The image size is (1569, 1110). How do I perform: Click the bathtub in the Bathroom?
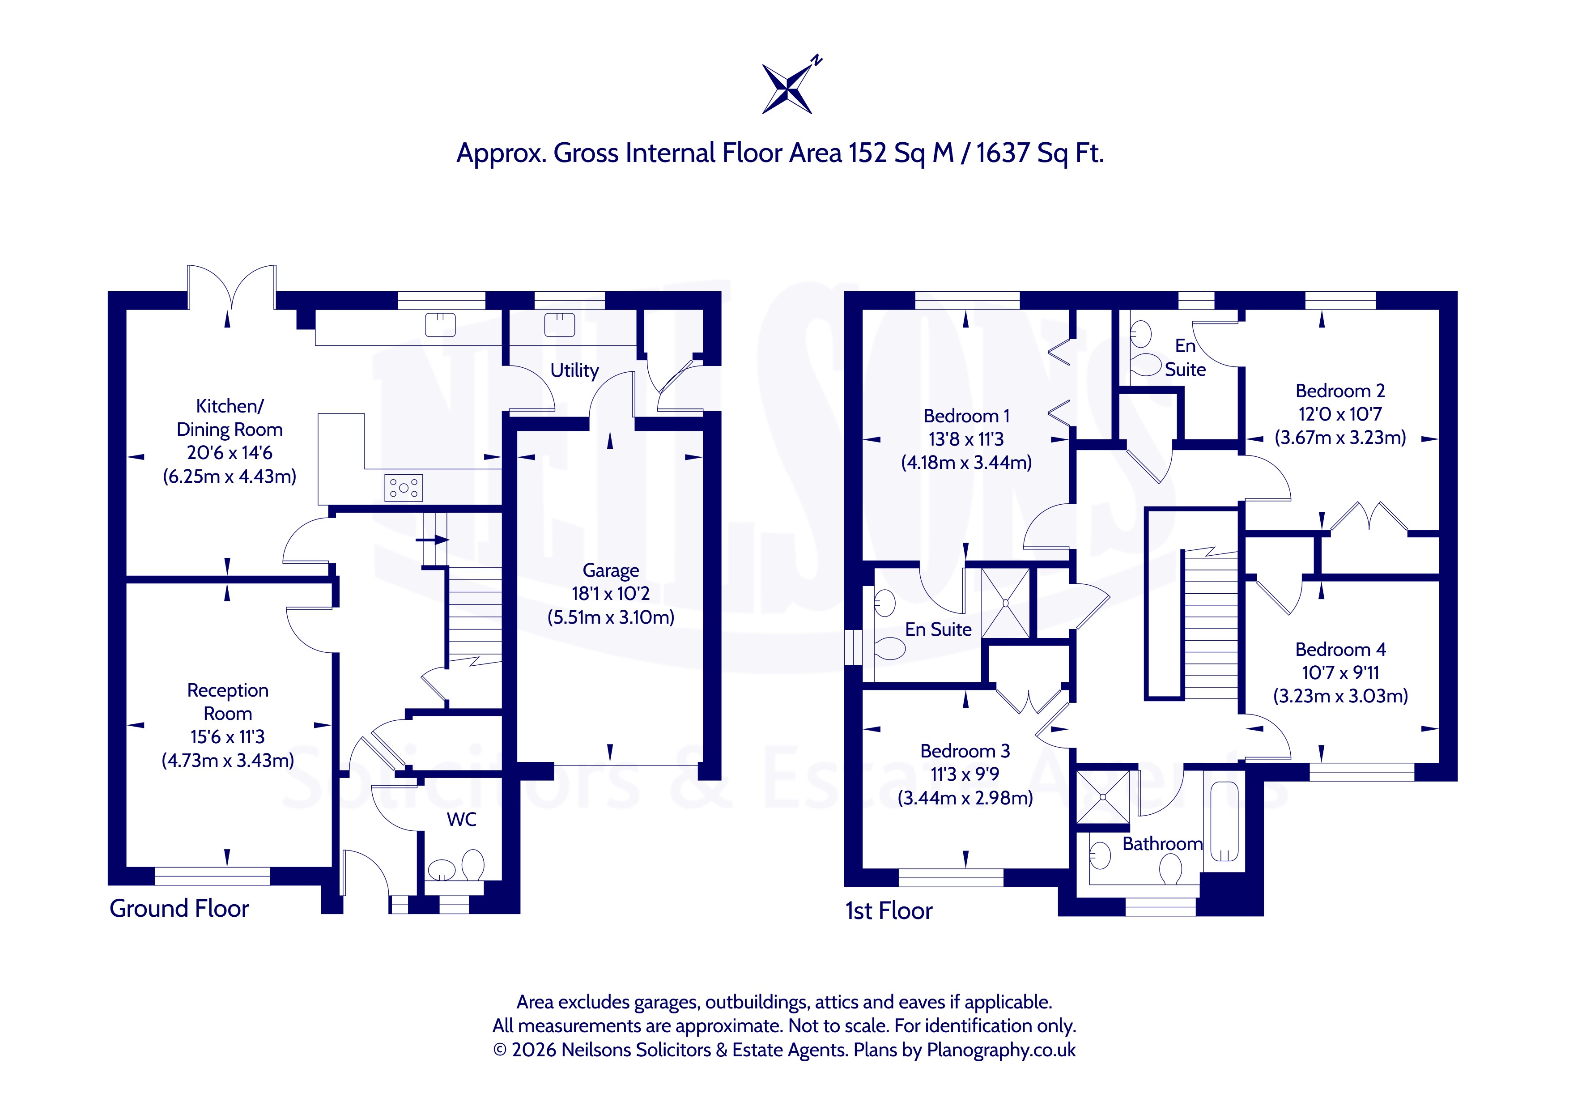(1225, 821)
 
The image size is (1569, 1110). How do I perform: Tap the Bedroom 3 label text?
(965, 751)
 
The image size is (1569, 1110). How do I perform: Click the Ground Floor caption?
(179, 908)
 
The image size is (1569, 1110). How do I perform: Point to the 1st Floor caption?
(889, 910)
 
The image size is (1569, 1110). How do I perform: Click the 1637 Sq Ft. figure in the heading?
(1039, 153)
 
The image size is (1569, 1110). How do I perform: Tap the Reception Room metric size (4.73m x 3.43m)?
(228, 761)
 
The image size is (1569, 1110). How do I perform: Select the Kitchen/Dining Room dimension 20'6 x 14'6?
(230, 452)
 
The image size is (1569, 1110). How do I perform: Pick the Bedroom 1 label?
(966, 416)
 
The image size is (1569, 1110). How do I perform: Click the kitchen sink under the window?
(440, 325)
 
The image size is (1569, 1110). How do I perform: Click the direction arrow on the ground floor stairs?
(433, 540)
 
